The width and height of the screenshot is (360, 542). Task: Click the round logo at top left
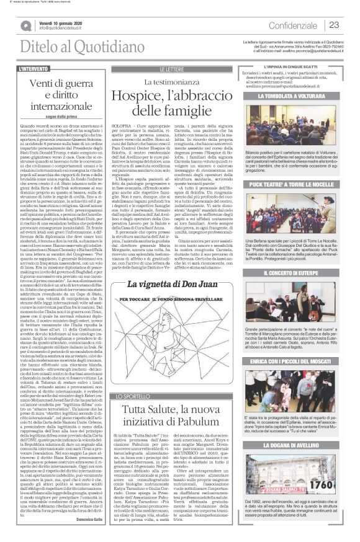[26, 25]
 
